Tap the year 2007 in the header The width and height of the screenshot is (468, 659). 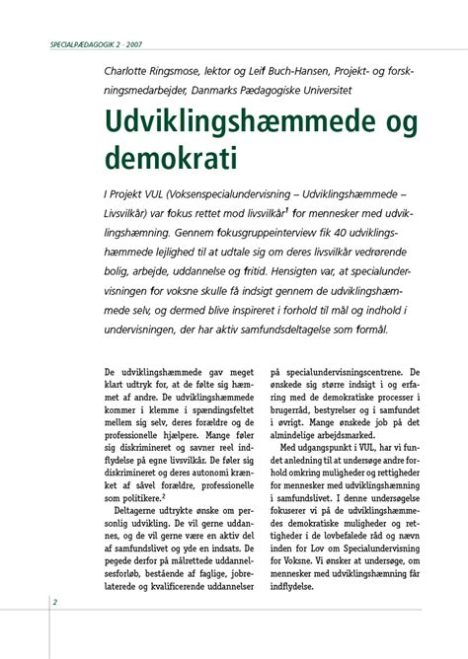coord(134,45)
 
